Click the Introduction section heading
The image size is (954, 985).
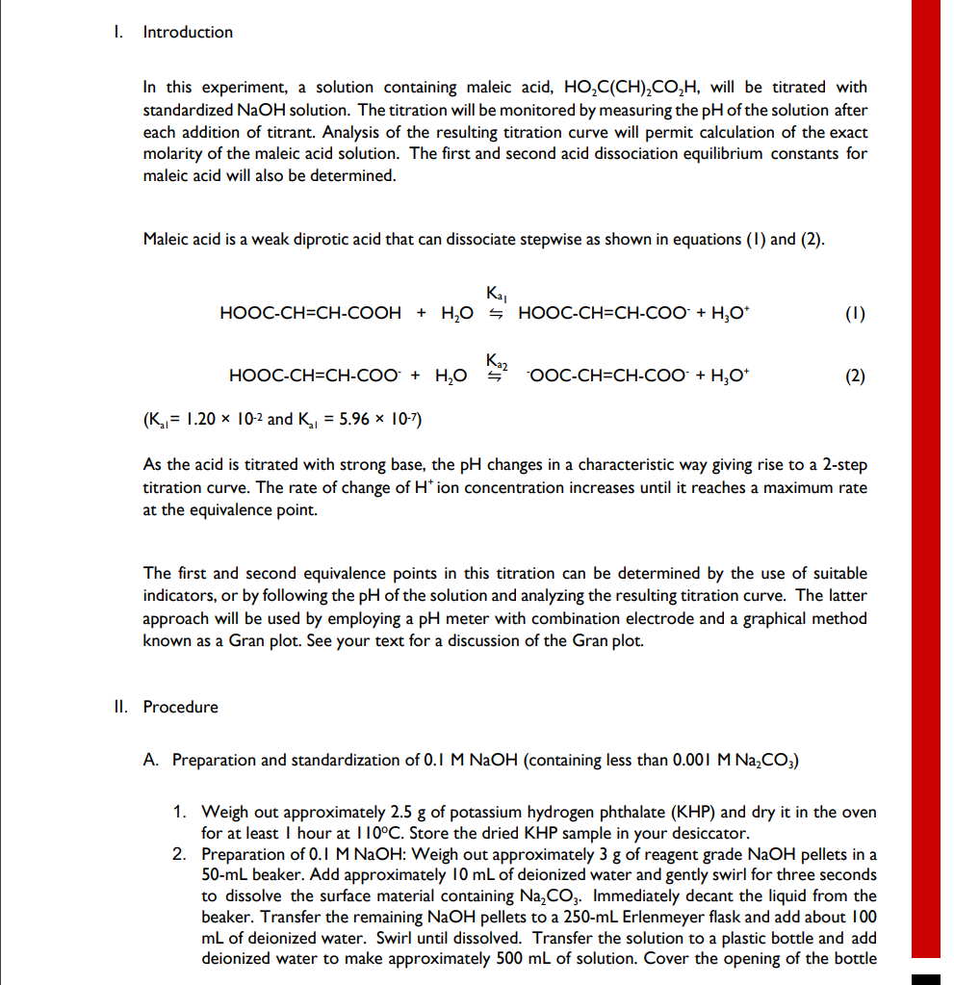click(188, 33)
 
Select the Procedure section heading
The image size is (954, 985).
click(180, 707)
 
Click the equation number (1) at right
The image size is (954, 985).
click(854, 313)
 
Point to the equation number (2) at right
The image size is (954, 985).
click(854, 376)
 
